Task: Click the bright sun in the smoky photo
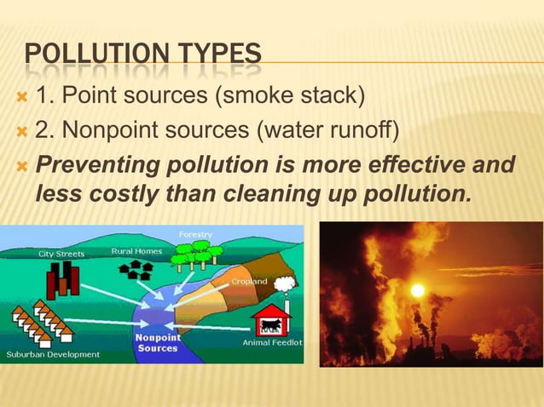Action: [x=417, y=289]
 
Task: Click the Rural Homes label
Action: [x=137, y=251]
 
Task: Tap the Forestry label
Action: [x=195, y=234]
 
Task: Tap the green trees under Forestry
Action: [x=195, y=255]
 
